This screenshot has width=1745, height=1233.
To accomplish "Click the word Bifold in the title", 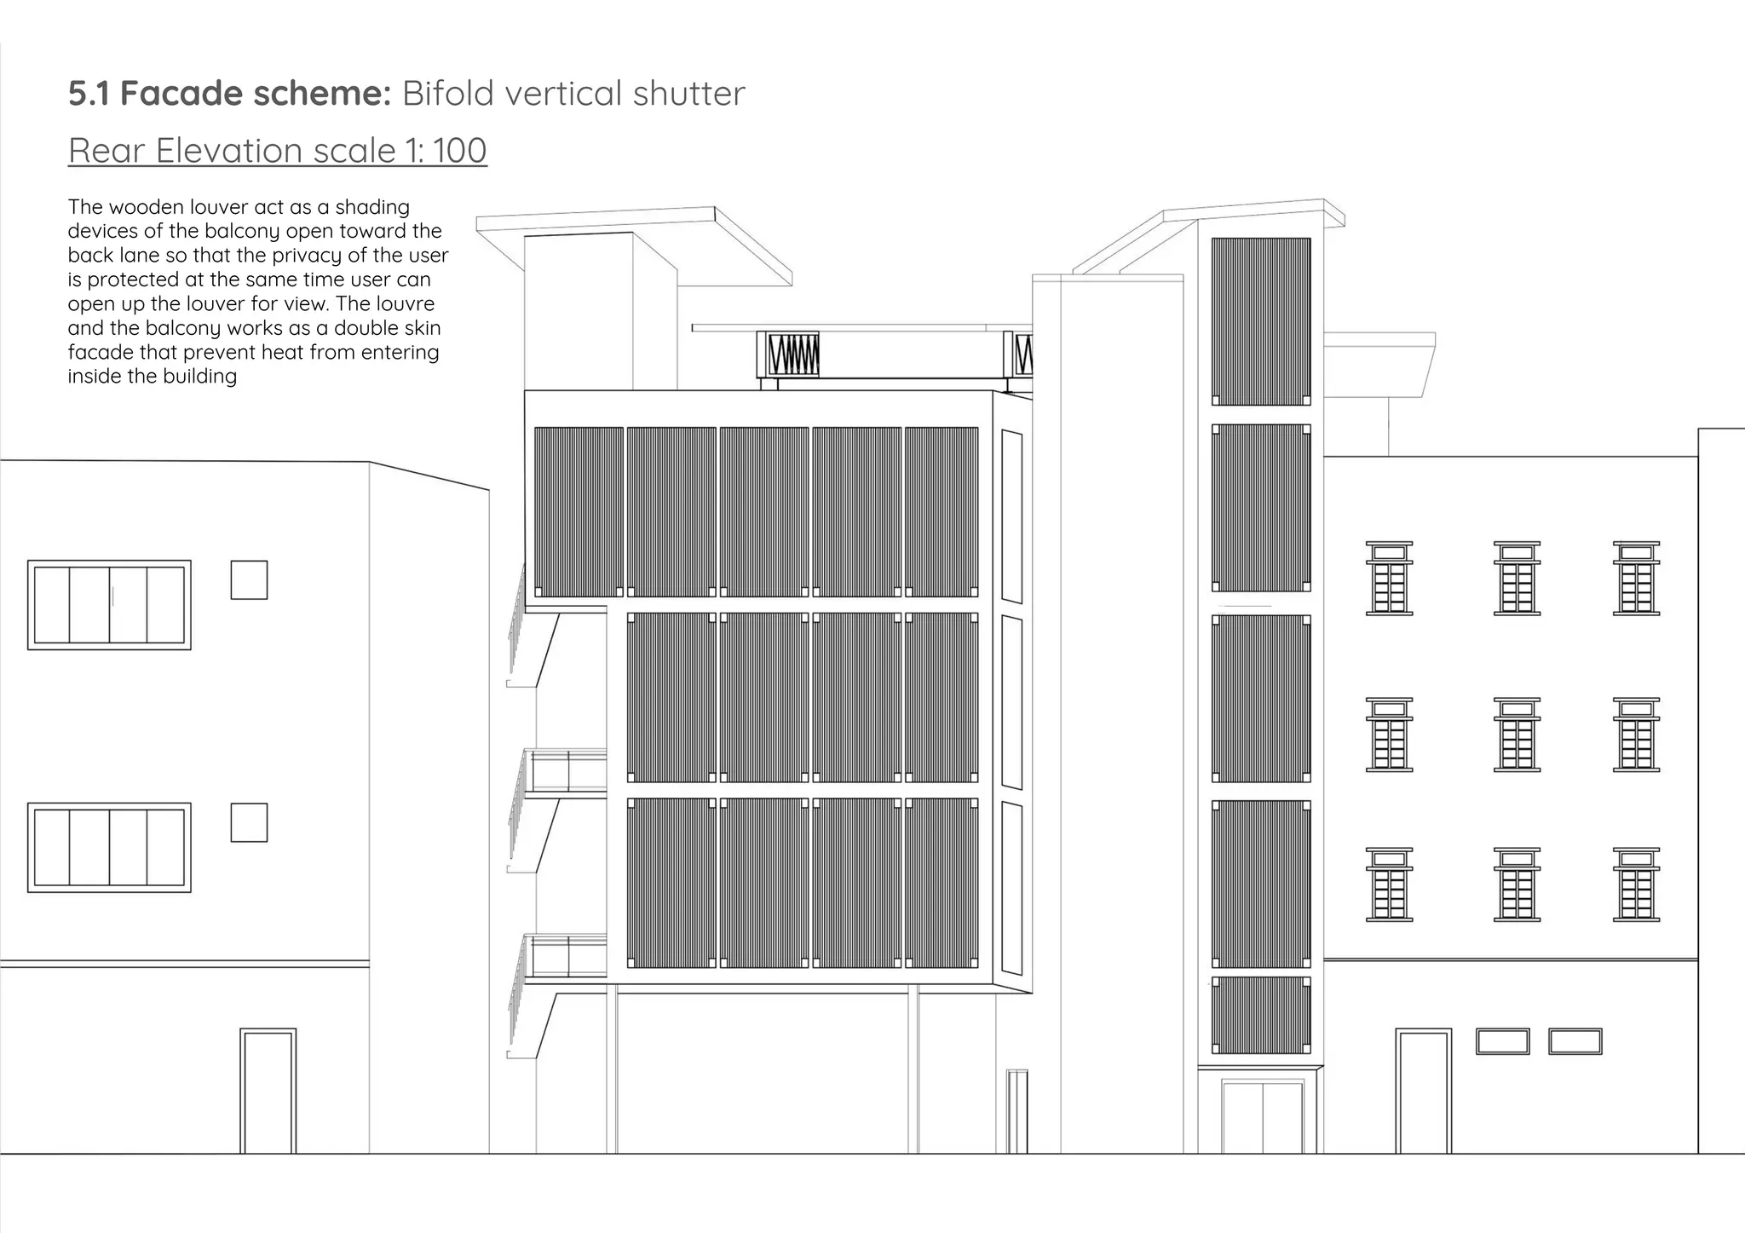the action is point(448,93).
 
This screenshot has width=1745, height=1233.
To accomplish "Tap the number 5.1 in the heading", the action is point(89,94).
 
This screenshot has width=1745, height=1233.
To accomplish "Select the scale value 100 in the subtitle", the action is point(459,151).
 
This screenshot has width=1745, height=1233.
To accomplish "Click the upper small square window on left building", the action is point(249,579).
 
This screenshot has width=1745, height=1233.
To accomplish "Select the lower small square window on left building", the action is point(249,822).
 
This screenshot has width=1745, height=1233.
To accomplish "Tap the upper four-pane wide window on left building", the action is point(109,605).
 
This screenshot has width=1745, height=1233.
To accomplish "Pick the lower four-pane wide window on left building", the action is point(109,847).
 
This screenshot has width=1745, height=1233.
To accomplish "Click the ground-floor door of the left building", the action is point(268,1091).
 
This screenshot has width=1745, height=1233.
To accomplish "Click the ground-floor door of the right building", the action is point(1423,1091).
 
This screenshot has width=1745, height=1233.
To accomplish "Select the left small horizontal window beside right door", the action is point(1503,1041).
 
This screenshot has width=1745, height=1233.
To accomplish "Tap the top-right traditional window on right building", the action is point(1636,578).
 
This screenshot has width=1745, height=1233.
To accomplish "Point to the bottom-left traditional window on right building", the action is point(1389,884).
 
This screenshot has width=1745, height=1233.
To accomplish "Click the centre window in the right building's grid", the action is point(1517,735).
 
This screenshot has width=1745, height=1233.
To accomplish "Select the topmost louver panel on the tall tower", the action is point(1261,321).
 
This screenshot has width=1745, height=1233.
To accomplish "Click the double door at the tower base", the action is point(1263,1116).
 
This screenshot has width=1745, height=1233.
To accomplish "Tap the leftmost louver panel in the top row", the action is point(579,512).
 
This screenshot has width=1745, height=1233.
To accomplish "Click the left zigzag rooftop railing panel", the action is point(788,354).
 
